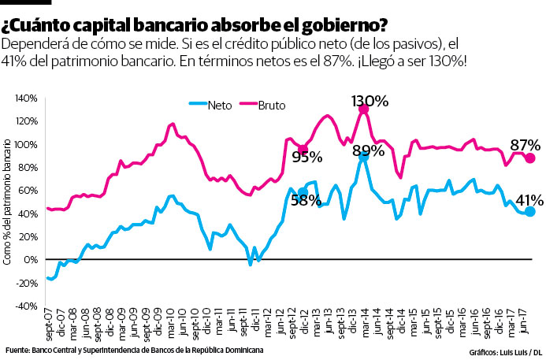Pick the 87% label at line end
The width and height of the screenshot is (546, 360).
525,145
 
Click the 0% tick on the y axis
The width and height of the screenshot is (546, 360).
32,260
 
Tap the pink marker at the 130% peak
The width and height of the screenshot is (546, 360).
363,109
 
